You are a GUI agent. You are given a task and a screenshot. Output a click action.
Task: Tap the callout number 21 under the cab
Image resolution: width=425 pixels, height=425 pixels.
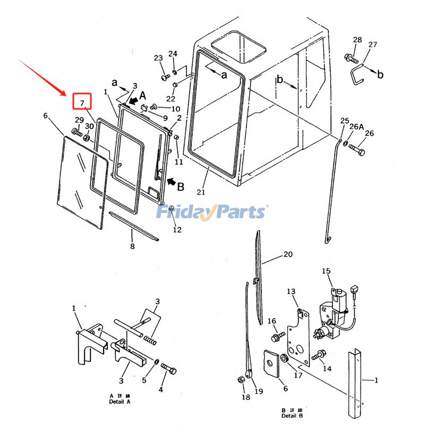click(200, 191)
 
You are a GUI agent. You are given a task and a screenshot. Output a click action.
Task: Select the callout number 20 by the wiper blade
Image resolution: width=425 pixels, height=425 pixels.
click(287, 254)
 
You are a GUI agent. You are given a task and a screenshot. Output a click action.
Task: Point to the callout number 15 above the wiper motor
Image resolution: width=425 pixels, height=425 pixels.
click(326, 271)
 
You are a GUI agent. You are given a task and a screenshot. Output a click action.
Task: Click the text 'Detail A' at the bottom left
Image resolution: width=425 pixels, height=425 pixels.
click(120, 401)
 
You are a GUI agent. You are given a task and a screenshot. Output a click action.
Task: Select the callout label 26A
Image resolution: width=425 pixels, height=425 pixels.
click(357, 126)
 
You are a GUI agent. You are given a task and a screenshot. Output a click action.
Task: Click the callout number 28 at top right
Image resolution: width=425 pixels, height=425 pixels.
click(357, 40)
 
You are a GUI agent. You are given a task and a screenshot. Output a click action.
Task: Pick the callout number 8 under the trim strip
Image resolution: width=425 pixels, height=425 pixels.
click(132, 246)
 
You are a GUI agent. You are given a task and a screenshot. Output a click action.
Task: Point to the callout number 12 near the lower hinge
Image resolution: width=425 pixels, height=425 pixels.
click(177, 229)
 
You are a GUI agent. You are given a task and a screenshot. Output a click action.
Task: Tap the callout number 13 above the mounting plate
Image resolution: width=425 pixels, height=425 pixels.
click(291, 292)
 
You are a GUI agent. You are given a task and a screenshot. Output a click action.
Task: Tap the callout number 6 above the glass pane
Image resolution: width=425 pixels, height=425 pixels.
click(45, 115)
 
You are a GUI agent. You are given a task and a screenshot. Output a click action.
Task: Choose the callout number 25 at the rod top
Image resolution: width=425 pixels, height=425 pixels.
click(345, 121)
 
